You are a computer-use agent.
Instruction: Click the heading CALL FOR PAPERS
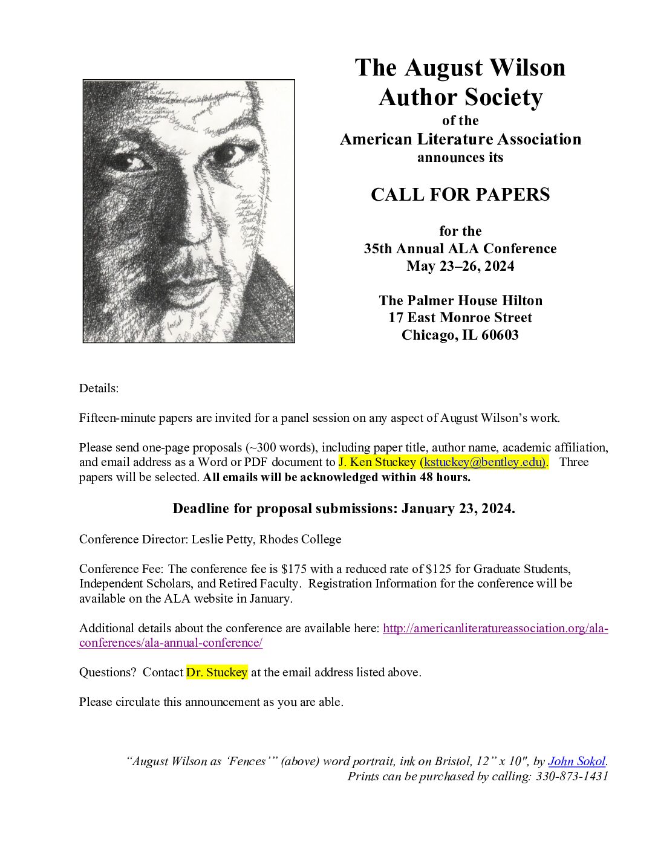point(460,195)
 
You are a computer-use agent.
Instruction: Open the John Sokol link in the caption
point(576,762)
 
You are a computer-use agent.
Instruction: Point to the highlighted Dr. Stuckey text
point(217,672)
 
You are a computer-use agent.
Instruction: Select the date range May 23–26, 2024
point(460,266)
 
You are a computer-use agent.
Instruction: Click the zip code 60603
point(500,335)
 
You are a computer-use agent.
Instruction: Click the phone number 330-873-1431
point(572,776)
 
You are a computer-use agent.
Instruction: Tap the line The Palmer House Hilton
point(460,300)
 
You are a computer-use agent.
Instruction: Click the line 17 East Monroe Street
point(460,317)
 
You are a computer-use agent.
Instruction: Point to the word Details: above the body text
point(99,388)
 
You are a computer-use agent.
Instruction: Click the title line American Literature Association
point(460,139)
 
